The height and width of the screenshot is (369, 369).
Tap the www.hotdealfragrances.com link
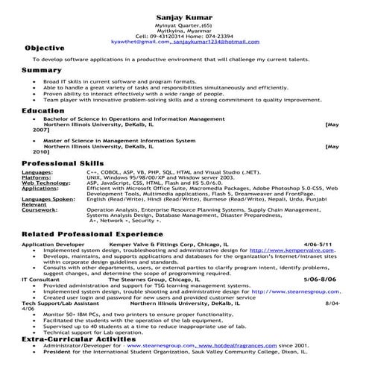pos(227,346)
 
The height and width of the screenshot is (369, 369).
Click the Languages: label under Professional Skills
pos(37,171)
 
